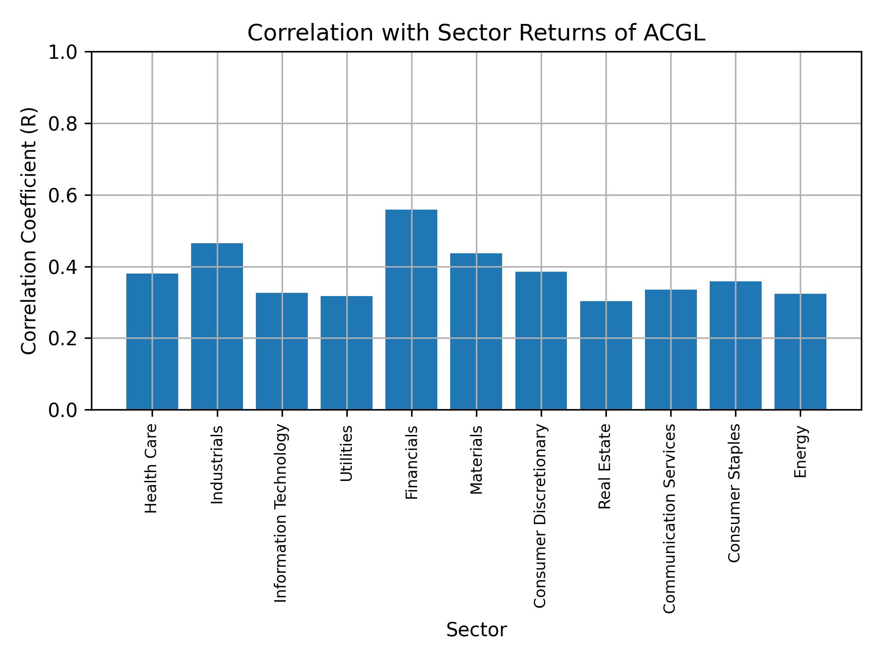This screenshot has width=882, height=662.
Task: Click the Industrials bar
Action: (217, 326)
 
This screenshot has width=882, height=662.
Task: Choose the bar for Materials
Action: (476, 331)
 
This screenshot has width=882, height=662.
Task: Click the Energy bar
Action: (800, 351)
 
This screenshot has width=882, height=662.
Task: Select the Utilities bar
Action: (346, 353)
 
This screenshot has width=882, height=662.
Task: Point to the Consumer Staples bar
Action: (735, 345)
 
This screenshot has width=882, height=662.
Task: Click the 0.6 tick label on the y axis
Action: (63, 195)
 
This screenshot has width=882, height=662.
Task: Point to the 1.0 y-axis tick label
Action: (63, 52)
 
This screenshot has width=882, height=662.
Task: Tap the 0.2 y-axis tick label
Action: (63, 338)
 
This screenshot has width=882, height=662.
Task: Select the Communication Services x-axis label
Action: (670, 518)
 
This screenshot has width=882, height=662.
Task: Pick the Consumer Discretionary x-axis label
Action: (540, 516)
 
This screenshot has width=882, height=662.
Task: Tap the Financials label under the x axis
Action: (412, 462)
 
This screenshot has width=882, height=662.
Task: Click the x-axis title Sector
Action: (476, 630)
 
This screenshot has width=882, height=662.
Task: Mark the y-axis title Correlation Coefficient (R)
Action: (29, 231)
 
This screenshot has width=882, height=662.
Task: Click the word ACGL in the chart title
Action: (674, 33)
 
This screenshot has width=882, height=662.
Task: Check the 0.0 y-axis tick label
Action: (63, 410)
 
